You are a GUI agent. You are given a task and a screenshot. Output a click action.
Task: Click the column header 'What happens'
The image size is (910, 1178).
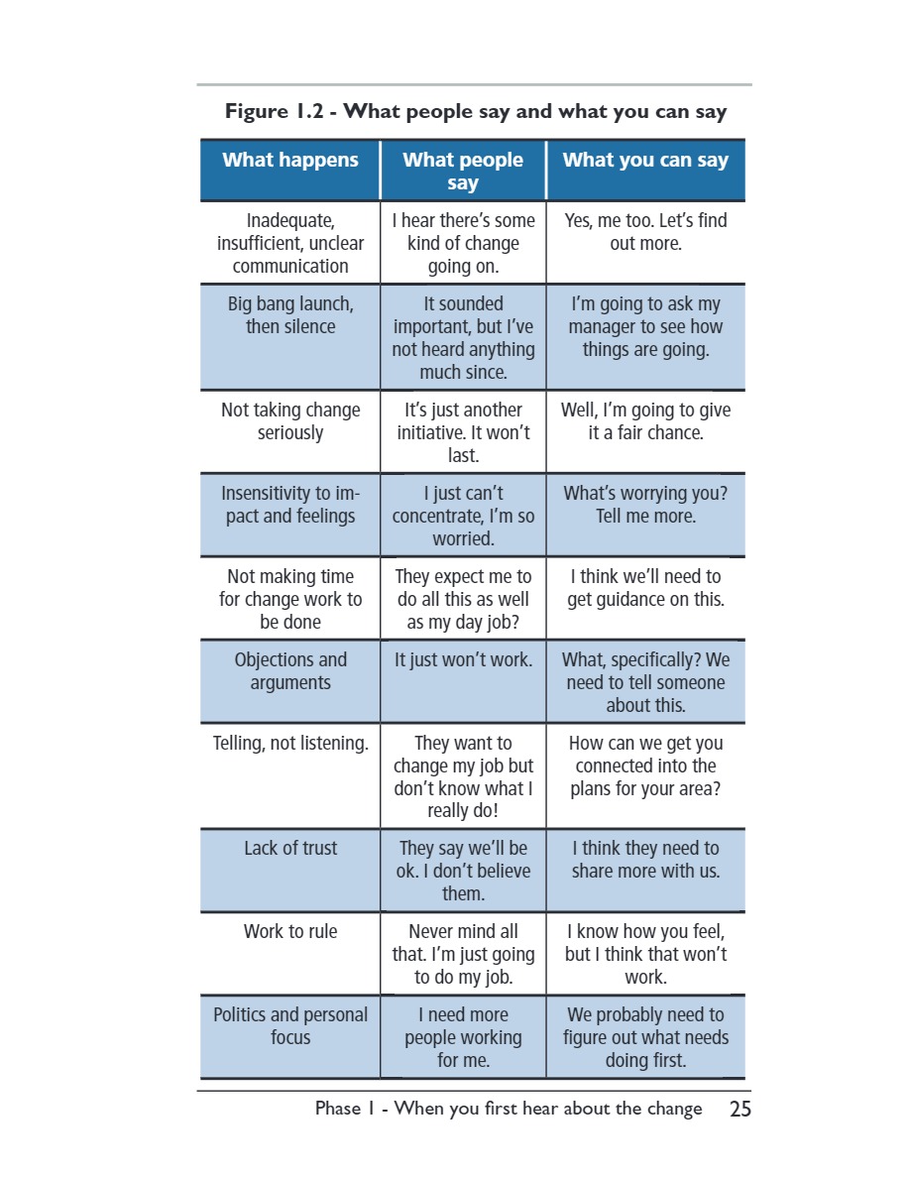tap(289, 160)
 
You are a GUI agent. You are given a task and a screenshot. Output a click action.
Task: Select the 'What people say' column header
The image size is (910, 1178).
tap(463, 172)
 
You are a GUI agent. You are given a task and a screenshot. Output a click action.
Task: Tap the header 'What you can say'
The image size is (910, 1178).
tap(645, 160)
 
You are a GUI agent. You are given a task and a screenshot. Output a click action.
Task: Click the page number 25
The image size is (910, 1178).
tap(740, 1109)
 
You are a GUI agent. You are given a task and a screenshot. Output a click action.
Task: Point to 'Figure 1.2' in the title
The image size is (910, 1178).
tap(274, 111)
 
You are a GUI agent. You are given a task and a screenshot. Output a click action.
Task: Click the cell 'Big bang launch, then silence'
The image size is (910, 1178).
tap(290, 314)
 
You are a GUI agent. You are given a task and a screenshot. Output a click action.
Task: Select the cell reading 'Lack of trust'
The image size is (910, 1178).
tap(290, 848)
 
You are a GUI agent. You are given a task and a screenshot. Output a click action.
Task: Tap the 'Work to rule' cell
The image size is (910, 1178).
tap(290, 931)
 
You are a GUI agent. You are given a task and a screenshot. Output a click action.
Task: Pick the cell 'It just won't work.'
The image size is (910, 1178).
tap(463, 659)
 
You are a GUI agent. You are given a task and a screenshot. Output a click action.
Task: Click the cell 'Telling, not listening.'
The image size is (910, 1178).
tap(290, 743)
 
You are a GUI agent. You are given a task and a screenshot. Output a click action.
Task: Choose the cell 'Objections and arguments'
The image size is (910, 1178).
tap(290, 671)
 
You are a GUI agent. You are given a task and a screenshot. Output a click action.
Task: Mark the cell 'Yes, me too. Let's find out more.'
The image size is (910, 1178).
tap(645, 231)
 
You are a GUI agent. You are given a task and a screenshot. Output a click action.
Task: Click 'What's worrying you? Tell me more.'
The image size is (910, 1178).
tap(645, 504)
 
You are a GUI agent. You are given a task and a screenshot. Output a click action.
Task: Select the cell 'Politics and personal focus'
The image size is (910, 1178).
tap(290, 1025)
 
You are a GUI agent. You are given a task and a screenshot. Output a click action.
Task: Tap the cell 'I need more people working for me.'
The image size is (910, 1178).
tap(463, 1037)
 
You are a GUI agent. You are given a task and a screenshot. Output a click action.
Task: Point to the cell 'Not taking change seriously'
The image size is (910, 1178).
tap(290, 420)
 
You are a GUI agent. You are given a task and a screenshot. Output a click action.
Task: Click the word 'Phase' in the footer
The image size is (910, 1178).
tap(338, 1109)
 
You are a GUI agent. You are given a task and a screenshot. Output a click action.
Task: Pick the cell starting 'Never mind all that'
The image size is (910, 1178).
tap(463, 954)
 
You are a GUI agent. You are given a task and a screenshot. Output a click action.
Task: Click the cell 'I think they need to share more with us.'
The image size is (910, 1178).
tap(645, 860)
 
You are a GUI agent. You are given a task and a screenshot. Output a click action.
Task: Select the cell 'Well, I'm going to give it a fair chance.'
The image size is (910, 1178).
tap(645, 420)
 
